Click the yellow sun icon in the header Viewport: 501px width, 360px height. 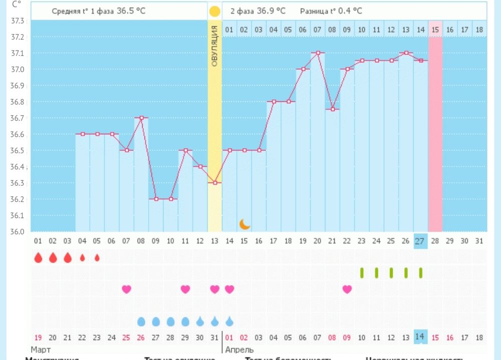(x=215, y=11)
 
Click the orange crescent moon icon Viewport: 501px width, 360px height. (x=244, y=224)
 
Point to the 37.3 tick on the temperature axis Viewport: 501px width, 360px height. (x=18, y=21)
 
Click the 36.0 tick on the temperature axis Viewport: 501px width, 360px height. (x=18, y=231)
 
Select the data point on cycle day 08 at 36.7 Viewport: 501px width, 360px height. (x=141, y=118)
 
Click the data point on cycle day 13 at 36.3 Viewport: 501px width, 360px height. (x=215, y=183)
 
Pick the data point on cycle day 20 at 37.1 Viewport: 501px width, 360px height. (x=318, y=53)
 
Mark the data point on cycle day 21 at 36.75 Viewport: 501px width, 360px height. (x=333, y=109)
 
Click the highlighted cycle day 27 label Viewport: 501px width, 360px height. (x=420, y=241)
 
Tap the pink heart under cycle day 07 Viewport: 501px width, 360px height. (x=127, y=289)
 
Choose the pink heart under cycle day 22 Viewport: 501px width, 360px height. (x=347, y=289)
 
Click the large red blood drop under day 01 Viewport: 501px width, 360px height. (x=38, y=258)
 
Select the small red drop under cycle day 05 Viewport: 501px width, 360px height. (x=97, y=258)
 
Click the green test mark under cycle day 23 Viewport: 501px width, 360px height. (x=362, y=273)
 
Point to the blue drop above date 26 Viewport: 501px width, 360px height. (x=141, y=321)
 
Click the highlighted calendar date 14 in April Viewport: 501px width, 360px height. (x=420, y=337)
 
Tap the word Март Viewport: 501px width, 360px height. (x=41, y=349)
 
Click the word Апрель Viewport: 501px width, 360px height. (x=239, y=349)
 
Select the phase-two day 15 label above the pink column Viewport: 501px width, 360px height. (x=435, y=30)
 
